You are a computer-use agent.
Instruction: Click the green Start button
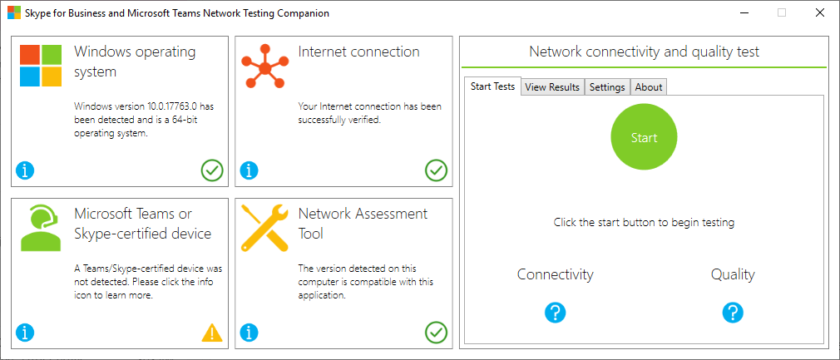coord(644,138)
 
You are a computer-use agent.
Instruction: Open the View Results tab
coord(552,87)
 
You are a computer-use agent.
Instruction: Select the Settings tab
coord(607,87)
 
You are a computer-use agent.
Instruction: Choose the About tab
coord(649,87)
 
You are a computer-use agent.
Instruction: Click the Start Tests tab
coord(493,86)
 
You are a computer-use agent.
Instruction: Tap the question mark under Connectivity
coord(556,313)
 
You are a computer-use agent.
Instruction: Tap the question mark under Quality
coord(733,313)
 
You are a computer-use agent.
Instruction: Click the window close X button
coord(820,12)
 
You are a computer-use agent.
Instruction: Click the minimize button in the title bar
coord(744,12)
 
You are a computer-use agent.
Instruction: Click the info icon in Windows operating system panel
coord(25,171)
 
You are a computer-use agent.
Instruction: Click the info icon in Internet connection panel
coord(249,171)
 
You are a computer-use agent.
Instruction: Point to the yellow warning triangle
coord(212,333)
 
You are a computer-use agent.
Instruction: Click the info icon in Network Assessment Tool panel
coord(249,333)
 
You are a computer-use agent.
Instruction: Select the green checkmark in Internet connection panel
coord(436,171)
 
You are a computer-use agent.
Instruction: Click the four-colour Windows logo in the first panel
coord(41,66)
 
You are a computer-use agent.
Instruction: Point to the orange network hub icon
coord(264,68)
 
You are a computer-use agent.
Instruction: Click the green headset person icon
coord(41,227)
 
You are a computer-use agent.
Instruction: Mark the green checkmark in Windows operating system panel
coord(212,171)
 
